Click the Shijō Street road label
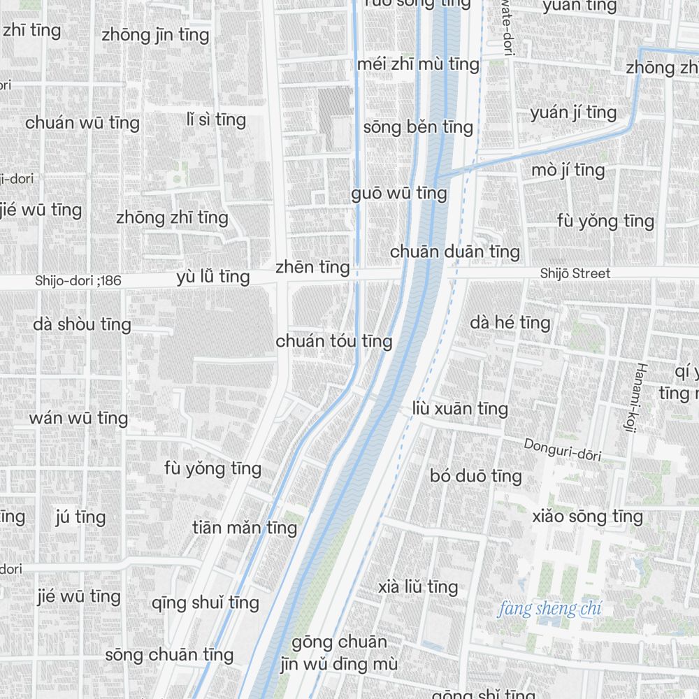pos(575,273)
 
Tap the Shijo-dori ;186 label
pos(78,281)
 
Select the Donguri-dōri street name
pos(562,449)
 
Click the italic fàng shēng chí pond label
pos(549,609)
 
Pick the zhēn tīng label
pos(312,267)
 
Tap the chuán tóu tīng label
pos(334,341)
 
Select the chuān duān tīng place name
pos(455,251)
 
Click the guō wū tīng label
pos(399,193)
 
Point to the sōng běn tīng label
pos(418,127)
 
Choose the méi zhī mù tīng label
pos(418,64)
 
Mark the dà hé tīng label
pos(510,322)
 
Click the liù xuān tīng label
pos(460,408)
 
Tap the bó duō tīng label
pos(476,476)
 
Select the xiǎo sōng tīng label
pos(587,517)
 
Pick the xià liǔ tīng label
pos(418,586)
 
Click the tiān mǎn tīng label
pos(245,527)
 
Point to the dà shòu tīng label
pos(82,324)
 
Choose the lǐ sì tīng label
pos(216,120)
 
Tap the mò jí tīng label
pos(568,170)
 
